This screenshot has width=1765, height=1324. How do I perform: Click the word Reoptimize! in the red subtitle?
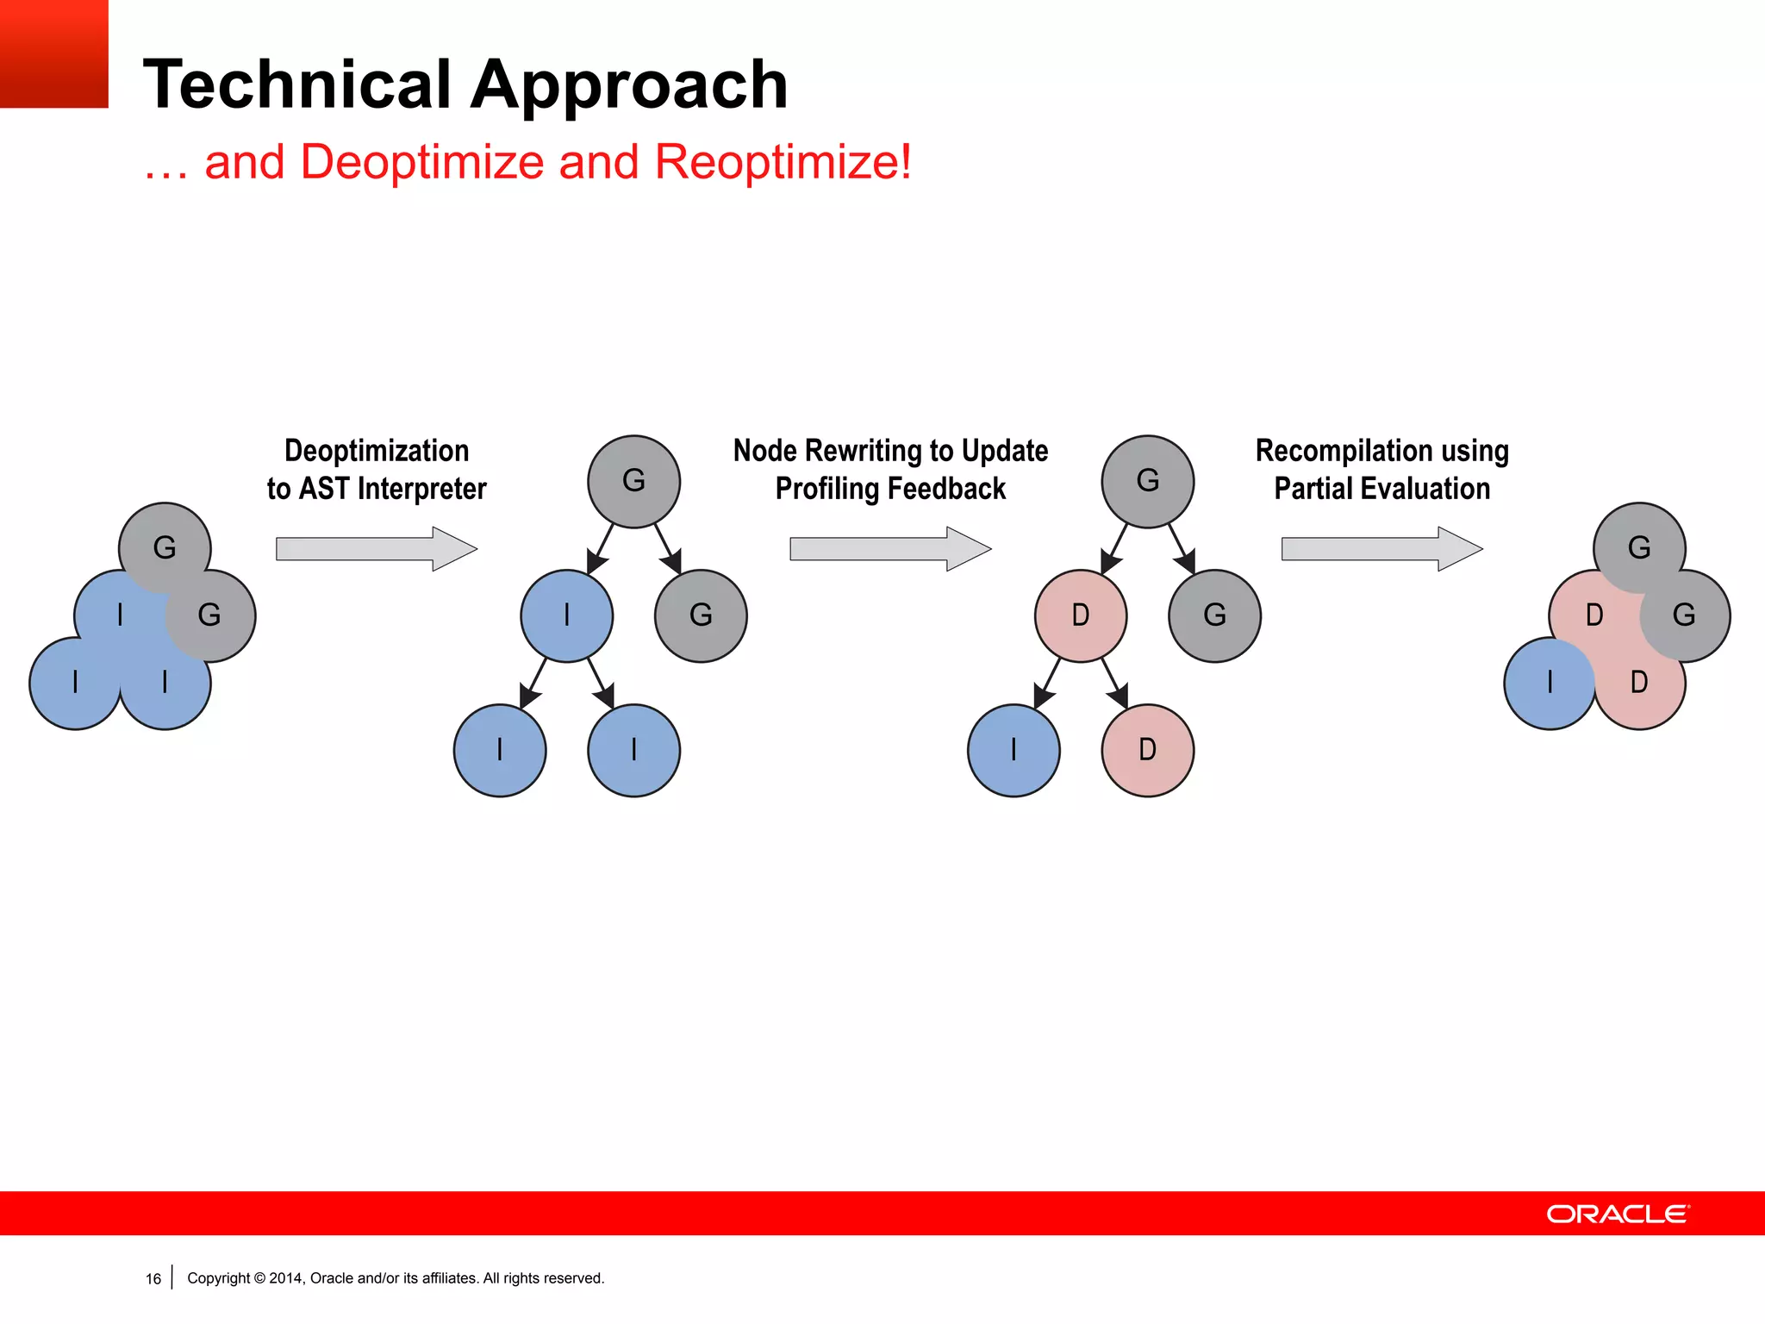[783, 162]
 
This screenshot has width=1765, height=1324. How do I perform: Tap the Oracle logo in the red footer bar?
[1618, 1214]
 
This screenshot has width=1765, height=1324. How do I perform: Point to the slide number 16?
[153, 1279]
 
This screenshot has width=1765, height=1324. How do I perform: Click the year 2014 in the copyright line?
[285, 1278]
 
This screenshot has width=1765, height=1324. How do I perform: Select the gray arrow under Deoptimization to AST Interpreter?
[377, 549]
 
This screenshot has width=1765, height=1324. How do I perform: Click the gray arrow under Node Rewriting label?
[890, 549]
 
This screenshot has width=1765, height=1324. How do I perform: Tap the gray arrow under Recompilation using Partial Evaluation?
[1381, 549]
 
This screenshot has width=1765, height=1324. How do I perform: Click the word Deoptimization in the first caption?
[377, 451]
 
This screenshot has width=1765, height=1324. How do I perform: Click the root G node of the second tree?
[633, 481]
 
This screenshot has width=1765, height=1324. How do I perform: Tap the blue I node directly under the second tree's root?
[566, 615]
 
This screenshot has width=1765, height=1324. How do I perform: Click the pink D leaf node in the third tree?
[1147, 750]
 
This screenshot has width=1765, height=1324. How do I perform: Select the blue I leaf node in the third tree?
[1013, 750]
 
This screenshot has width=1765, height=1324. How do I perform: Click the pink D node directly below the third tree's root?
[1080, 615]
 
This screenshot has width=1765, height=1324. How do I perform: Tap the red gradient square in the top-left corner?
[53, 53]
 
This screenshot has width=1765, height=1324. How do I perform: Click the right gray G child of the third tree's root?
[1214, 615]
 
